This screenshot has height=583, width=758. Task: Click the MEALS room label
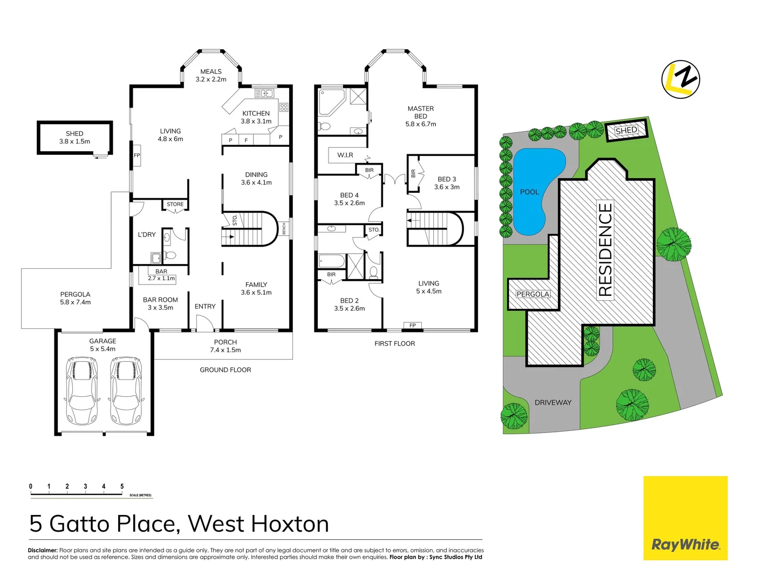[x=211, y=72]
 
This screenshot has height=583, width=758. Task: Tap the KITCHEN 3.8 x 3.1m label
[x=256, y=117]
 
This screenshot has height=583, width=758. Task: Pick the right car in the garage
[x=126, y=391]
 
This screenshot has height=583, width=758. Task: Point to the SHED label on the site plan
[x=626, y=131]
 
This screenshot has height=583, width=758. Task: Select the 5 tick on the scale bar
[x=122, y=487]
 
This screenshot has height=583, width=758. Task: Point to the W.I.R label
[x=345, y=155]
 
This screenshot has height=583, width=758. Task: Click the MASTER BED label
[x=421, y=112]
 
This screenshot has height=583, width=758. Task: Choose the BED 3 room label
[x=447, y=179]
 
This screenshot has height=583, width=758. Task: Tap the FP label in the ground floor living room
[x=137, y=155]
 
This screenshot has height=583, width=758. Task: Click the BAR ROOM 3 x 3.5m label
[x=160, y=303]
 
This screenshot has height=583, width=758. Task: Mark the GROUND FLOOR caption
[x=226, y=370]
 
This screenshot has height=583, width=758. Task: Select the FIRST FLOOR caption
[x=395, y=343]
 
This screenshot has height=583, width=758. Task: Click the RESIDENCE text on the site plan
[x=605, y=249]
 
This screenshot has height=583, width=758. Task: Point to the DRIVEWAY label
[x=553, y=403]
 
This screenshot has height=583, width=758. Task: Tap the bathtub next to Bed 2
[x=332, y=261]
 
